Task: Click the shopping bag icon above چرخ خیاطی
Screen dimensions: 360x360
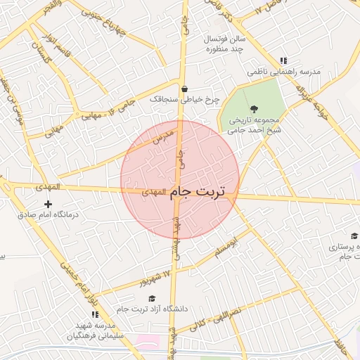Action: tap(185, 89)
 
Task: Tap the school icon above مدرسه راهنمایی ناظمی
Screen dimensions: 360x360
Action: tap(283, 61)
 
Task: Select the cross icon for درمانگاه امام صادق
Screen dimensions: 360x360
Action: tap(48, 204)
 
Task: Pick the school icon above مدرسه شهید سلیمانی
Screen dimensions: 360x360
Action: tap(95, 315)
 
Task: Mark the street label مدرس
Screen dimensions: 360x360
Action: tap(162, 136)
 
